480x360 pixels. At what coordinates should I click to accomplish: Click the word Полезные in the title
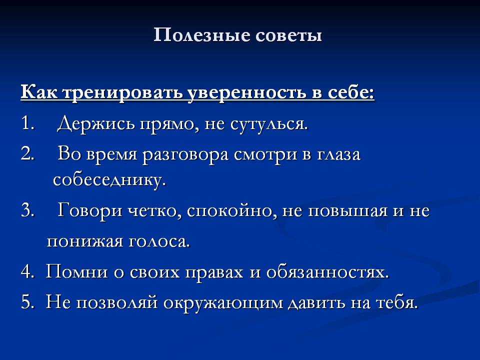coord(201,35)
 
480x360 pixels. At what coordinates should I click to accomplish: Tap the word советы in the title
coord(288,35)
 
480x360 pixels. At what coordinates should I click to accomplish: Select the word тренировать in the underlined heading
coord(123,93)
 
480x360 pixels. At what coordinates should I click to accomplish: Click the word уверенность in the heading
coord(247,93)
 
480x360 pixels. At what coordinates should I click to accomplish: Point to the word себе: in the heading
coord(351,93)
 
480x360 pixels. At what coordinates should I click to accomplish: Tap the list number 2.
coord(28,153)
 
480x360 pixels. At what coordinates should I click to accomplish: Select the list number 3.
coord(27,211)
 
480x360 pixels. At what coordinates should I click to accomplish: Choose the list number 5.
coord(27,302)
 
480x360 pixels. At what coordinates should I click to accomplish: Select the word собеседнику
coord(109,180)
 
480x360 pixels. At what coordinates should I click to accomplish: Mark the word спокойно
coord(229,211)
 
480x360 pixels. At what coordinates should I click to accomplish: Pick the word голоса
coord(159,242)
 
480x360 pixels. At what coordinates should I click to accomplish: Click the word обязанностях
coord(327,272)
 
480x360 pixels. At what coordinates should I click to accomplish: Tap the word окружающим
coord(223,303)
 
